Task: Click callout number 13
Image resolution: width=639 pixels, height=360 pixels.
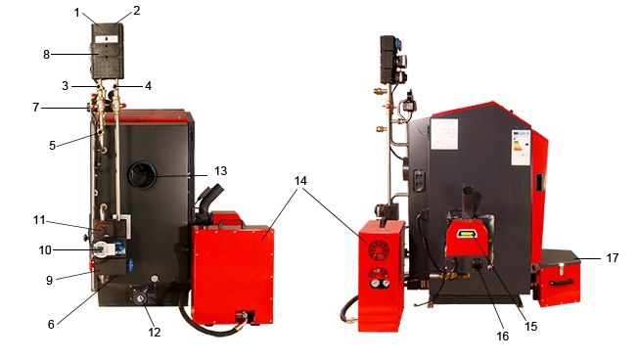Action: tap(220, 170)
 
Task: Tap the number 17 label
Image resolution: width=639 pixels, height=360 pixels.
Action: tap(613, 258)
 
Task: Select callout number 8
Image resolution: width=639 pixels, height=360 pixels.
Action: tap(46, 54)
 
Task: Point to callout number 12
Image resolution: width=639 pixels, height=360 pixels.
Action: tap(154, 333)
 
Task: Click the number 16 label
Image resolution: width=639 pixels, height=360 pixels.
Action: tap(502, 336)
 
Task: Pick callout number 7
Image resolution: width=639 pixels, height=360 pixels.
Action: tap(36, 108)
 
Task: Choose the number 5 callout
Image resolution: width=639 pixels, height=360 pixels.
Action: tap(52, 146)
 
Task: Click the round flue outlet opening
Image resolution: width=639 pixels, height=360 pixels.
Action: tap(143, 175)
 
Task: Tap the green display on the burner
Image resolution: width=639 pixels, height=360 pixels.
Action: tap(467, 234)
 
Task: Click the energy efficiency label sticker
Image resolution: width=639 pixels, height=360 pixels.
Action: tap(521, 148)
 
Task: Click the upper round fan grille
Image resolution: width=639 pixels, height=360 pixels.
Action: tap(378, 250)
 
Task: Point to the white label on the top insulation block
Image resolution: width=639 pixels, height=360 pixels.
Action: tap(107, 39)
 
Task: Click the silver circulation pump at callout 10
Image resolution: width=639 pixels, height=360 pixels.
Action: tap(100, 248)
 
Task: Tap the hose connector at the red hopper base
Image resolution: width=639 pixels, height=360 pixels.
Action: tap(244, 316)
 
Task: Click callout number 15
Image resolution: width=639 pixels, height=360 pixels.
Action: tap(530, 326)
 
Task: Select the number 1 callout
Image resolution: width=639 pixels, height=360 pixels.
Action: tap(77, 13)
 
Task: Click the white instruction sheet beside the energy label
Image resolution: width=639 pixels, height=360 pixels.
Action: tap(444, 134)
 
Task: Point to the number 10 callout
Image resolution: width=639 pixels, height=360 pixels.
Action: tap(45, 250)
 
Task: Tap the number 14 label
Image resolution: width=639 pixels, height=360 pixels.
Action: tap(300, 180)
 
